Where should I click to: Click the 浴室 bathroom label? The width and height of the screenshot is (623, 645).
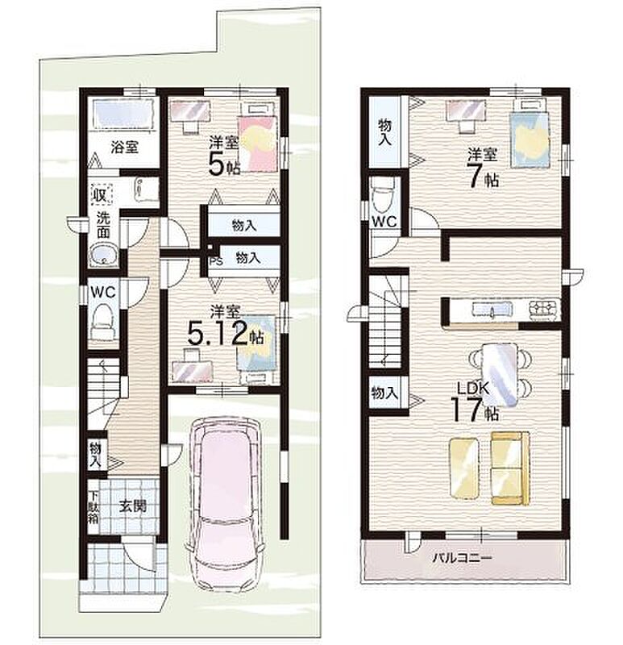(x=124, y=147)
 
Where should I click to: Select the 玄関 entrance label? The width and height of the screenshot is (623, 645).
(x=133, y=506)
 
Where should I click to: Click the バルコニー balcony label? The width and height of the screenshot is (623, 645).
(x=461, y=558)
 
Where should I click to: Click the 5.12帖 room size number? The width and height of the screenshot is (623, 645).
(x=225, y=334)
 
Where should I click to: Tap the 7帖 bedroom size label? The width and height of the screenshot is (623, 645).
(x=484, y=177)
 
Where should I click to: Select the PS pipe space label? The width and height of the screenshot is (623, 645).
(x=216, y=261)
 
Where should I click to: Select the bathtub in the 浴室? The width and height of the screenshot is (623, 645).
(x=123, y=114)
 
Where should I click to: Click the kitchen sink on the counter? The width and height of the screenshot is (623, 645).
(x=492, y=308)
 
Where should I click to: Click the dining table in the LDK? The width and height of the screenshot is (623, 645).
(x=499, y=375)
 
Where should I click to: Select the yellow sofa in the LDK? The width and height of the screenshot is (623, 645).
(x=510, y=468)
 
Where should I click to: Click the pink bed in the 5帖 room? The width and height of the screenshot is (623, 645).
(x=258, y=143)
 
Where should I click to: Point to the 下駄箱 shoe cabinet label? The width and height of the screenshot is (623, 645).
(x=93, y=507)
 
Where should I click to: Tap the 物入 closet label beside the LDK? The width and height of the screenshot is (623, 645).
(x=384, y=393)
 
